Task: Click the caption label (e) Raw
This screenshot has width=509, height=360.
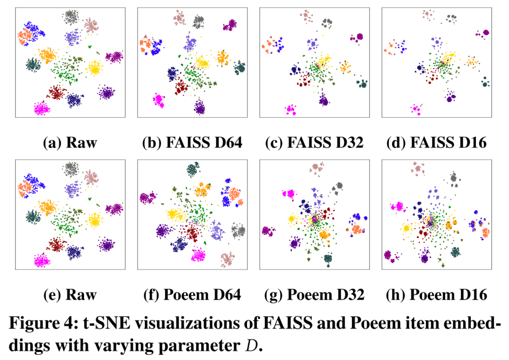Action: pyautogui.click(x=70, y=295)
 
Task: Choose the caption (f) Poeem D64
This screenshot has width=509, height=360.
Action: pyautogui.click(x=192, y=295)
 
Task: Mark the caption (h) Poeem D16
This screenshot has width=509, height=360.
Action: pyautogui.click(x=436, y=295)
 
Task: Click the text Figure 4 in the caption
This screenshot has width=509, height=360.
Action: pyautogui.click(x=45, y=325)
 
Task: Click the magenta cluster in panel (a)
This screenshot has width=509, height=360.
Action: pyautogui.click(x=41, y=109)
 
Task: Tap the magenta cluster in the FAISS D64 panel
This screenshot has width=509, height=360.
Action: pyautogui.click(x=158, y=100)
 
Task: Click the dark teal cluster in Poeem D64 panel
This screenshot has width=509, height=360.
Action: pyautogui.click(x=192, y=170)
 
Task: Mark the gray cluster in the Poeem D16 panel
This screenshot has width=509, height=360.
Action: pyautogui.click(x=453, y=178)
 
